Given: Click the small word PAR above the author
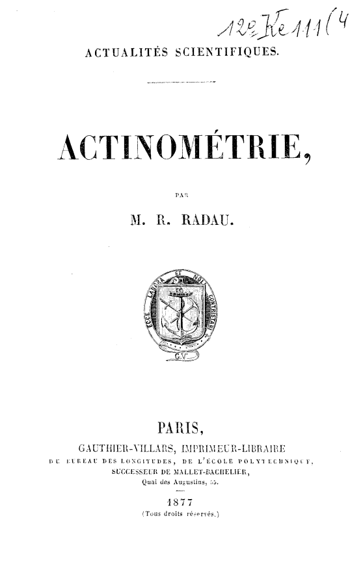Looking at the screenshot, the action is (181, 193).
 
